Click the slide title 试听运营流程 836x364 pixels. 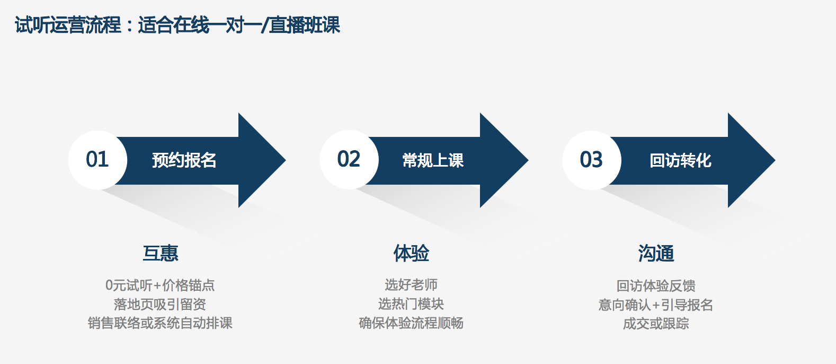point(68,25)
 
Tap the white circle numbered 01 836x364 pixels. point(97,160)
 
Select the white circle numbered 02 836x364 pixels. point(349,160)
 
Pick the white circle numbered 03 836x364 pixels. point(592,160)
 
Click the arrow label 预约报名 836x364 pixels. point(184,160)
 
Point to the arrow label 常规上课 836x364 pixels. point(433,160)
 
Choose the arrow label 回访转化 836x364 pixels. point(680,160)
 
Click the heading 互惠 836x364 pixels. point(161,253)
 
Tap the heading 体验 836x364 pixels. point(411,253)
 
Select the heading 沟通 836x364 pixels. point(656,254)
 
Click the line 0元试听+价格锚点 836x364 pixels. point(160,285)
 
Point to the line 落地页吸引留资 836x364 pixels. point(160,304)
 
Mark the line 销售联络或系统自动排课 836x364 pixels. point(160,323)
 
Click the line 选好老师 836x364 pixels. point(411,285)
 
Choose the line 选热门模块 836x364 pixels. point(411,304)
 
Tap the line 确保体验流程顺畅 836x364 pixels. point(411,323)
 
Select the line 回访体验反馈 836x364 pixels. point(656,286)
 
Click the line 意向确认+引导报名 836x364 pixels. point(656,305)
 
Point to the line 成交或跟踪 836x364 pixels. point(656,324)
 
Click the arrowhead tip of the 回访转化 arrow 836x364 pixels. point(775,160)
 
